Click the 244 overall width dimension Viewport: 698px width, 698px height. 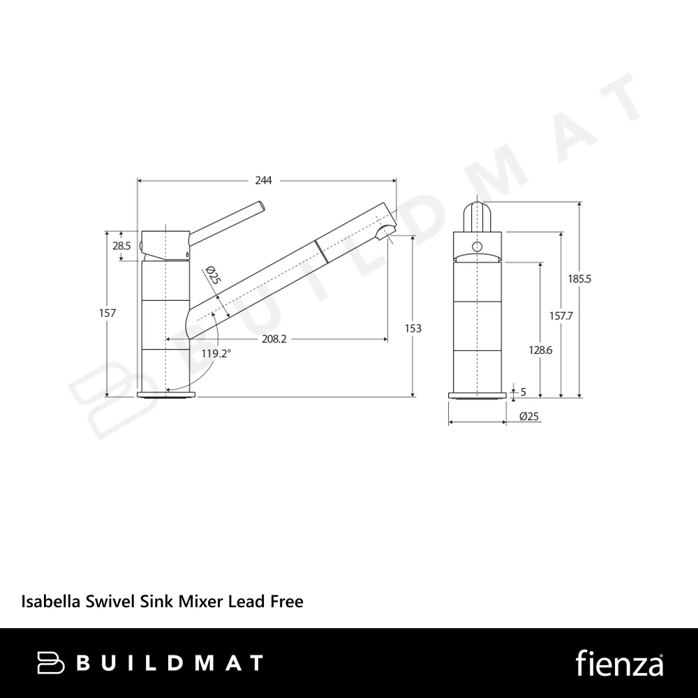[263, 180]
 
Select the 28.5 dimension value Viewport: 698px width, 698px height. [121, 245]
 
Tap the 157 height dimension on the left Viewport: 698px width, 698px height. [107, 313]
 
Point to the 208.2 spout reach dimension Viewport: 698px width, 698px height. [274, 339]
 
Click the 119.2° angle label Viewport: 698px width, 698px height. [216, 354]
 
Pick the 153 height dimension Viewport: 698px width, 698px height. [413, 329]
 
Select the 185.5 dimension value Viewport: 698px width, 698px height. [579, 279]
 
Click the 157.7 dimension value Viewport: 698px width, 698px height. [561, 316]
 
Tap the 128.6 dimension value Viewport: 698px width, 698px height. [540, 350]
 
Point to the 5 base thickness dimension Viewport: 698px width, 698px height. [523, 392]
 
